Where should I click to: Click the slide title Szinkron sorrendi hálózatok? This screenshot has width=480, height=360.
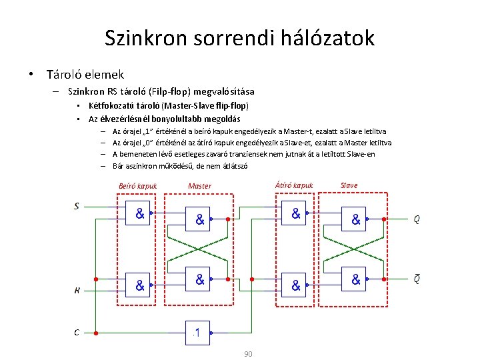point(239,38)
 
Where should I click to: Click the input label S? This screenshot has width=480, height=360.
point(77,206)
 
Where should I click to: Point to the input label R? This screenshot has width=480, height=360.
point(77,290)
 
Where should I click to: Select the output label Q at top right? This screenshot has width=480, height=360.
point(417,219)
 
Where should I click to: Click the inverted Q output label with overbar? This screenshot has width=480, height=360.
point(417,279)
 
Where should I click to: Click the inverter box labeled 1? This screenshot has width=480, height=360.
point(198,331)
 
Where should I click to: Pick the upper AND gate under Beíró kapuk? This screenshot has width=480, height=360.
point(139,213)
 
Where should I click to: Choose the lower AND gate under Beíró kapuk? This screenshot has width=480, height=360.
point(139,285)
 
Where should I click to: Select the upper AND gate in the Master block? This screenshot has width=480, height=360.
point(199,218)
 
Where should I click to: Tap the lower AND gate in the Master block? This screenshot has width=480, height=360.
point(199,279)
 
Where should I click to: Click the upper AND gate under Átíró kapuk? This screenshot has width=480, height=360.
point(294,213)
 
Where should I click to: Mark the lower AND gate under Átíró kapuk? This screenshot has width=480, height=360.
point(294,285)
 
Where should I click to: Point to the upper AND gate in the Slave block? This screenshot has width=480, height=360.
point(355,218)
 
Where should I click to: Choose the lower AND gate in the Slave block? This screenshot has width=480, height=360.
point(355,279)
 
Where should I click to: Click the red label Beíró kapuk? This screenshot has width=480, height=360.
point(138,186)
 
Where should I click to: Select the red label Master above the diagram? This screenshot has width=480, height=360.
point(199,186)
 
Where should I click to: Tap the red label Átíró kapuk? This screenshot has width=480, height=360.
point(294,185)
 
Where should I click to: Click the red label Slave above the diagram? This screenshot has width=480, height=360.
point(349,185)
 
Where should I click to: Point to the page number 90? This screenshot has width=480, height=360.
point(248,353)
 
